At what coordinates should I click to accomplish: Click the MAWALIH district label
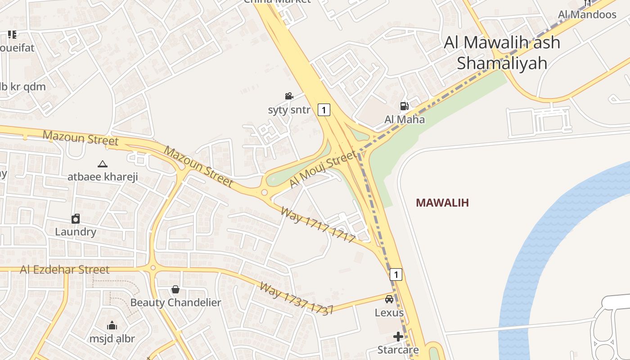[442, 202]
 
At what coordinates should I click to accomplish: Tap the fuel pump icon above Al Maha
[404, 106]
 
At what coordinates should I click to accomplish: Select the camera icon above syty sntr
[289, 96]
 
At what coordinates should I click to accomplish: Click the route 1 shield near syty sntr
[324, 109]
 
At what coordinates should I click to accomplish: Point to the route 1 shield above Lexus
[396, 274]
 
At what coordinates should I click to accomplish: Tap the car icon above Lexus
[389, 299]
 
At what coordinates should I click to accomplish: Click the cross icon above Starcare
[398, 336]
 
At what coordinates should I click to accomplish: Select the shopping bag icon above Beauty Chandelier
[175, 289]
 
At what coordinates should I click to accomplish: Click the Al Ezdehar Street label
[64, 270]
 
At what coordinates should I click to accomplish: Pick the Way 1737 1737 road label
[296, 298]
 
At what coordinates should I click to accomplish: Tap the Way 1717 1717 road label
[318, 224]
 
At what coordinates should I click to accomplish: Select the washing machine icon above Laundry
[76, 219]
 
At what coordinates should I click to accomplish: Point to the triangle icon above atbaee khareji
[103, 164]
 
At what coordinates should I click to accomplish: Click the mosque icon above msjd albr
[112, 325]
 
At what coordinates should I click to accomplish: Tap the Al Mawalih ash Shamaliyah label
[502, 53]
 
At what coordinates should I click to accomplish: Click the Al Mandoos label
[587, 14]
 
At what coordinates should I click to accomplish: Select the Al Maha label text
[405, 120]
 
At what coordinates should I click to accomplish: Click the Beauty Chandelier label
[175, 302]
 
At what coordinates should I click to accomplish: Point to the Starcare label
[398, 350]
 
